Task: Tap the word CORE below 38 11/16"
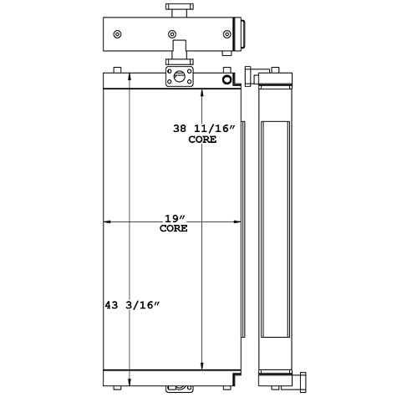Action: click(203, 140)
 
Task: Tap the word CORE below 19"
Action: click(173, 227)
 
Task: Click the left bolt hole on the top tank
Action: click(117, 34)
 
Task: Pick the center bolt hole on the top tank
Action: click(172, 34)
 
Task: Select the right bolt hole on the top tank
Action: click(226, 34)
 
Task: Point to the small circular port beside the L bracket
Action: click(226, 79)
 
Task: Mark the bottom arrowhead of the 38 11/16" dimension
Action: click(203, 366)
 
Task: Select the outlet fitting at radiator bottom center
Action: click(177, 388)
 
